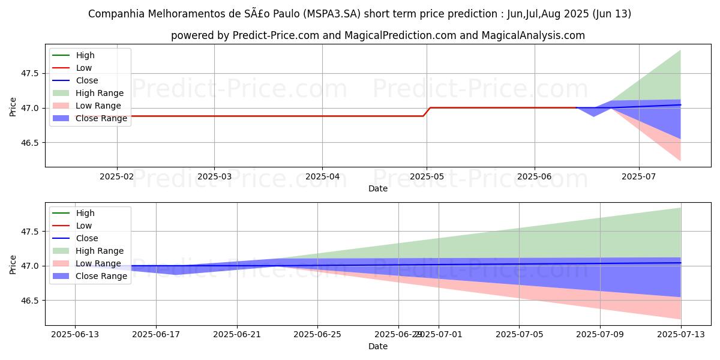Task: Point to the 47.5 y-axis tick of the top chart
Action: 29,74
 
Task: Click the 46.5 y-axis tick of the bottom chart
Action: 29,301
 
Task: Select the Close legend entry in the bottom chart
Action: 87,238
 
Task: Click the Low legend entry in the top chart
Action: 84,68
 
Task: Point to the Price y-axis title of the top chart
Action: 13,106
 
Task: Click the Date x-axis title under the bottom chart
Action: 378,346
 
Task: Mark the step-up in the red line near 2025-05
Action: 427,112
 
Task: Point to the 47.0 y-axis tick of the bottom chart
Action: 29,266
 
